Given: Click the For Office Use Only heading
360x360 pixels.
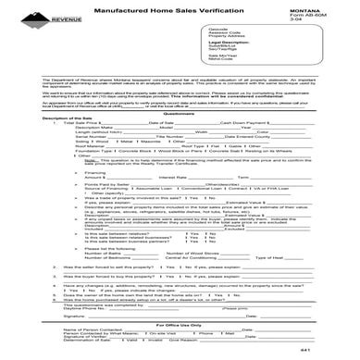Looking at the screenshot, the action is click(180, 323).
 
